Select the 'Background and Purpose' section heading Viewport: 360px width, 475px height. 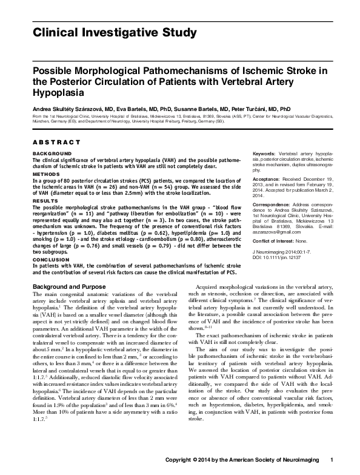click(72, 285)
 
